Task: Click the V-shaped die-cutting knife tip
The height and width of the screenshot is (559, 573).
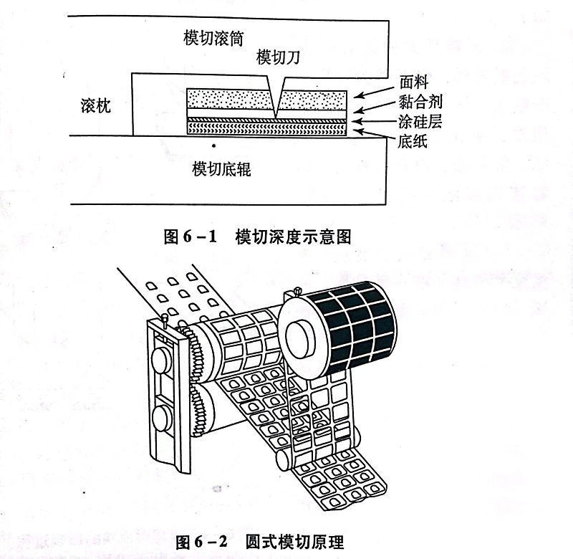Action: (x=276, y=109)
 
